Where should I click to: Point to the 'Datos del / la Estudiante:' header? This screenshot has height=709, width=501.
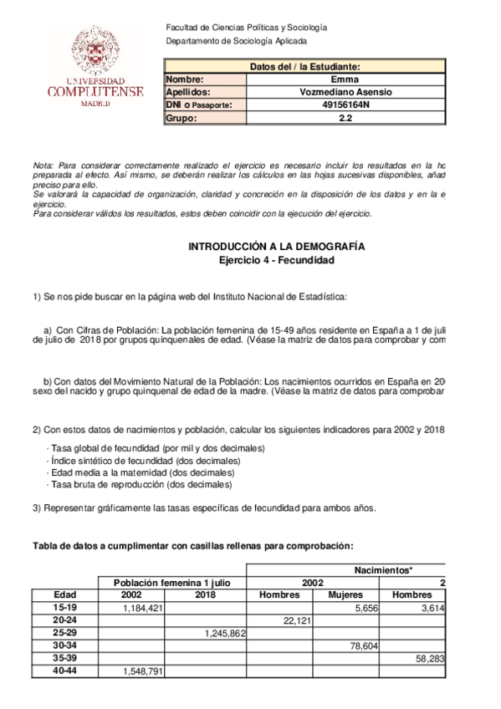click(x=304, y=67)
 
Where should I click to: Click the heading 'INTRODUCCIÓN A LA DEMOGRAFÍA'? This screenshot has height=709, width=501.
click(x=275, y=247)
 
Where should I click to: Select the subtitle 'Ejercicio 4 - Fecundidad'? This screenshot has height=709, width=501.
click(x=275, y=261)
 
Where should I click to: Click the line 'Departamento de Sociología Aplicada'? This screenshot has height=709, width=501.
click(x=237, y=41)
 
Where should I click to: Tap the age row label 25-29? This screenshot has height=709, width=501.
click(x=65, y=634)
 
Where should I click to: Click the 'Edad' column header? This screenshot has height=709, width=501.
click(x=65, y=594)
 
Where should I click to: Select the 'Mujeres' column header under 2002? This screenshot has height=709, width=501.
click(x=345, y=594)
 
